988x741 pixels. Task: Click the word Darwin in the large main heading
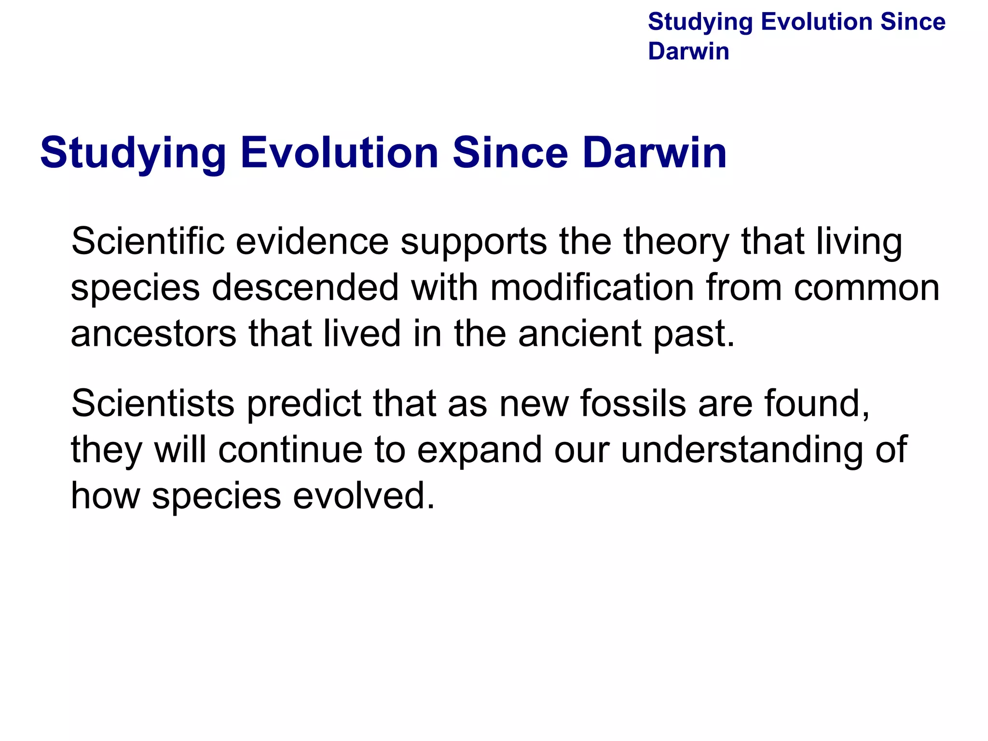pos(654,153)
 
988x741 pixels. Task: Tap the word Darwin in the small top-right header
pos(688,51)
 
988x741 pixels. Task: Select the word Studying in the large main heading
pos(133,153)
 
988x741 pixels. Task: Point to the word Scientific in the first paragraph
pos(148,241)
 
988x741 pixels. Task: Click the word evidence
pos(312,241)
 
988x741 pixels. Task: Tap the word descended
pos(305,288)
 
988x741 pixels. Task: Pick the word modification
pos(592,288)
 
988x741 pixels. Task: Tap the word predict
pos(304,403)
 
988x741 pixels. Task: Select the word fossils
pos(633,403)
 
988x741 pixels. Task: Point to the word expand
pos(480,450)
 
